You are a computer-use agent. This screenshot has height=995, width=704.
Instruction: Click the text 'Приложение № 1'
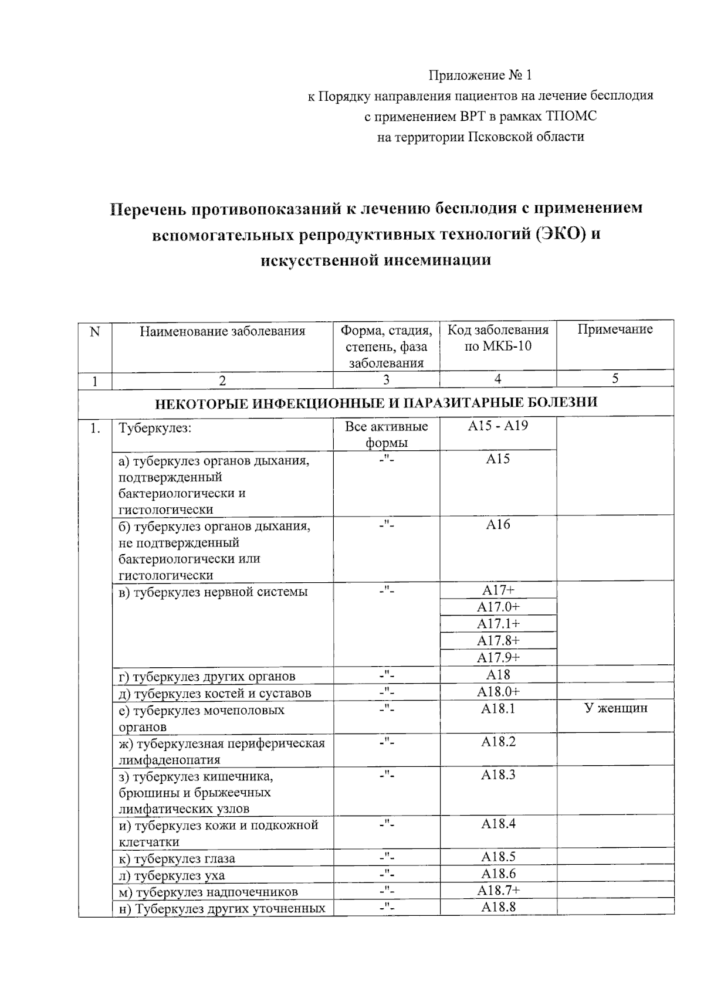pos(480,76)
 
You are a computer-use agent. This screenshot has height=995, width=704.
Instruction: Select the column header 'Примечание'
pos(615,330)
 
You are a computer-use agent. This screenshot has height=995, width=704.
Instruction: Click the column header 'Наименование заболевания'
pos(222,331)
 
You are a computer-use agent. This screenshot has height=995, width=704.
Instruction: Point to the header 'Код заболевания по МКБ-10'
pos(497,338)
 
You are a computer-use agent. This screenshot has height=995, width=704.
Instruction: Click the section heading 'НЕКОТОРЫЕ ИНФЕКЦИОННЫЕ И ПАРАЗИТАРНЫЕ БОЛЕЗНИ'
pos(376,403)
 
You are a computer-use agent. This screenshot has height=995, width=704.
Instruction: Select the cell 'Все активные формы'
pos(386,434)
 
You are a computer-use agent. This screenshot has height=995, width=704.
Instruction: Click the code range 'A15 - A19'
pos(497,426)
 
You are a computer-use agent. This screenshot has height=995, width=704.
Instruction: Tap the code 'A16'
pos(497,525)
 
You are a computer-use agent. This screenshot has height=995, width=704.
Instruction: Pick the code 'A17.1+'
pos(497,624)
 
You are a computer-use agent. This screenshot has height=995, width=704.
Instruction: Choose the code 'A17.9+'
pos(497,657)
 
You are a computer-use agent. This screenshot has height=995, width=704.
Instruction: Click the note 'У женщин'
pos(615,708)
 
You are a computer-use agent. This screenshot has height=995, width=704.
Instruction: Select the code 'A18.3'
pos(497,775)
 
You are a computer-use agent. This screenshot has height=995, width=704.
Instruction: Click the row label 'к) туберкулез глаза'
pos(177,859)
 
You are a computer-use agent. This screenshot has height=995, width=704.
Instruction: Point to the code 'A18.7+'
pos(497,891)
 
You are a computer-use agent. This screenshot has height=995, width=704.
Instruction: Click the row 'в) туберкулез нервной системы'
pos(213,592)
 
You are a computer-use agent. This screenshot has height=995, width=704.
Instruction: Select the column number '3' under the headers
pos(386,380)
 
